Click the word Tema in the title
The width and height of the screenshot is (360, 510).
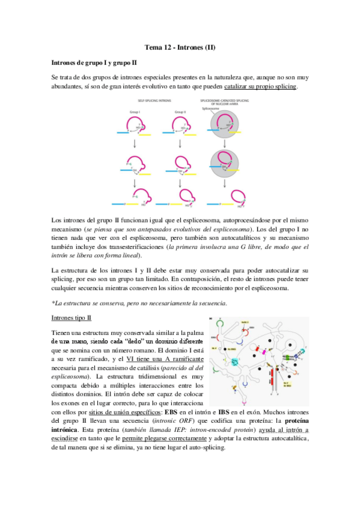pyautogui.click(x=153, y=46)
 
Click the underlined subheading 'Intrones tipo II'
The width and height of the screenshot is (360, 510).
pyautogui.click(x=72, y=317)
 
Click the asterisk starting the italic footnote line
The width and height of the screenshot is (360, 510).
pyautogui.click(x=53, y=302)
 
